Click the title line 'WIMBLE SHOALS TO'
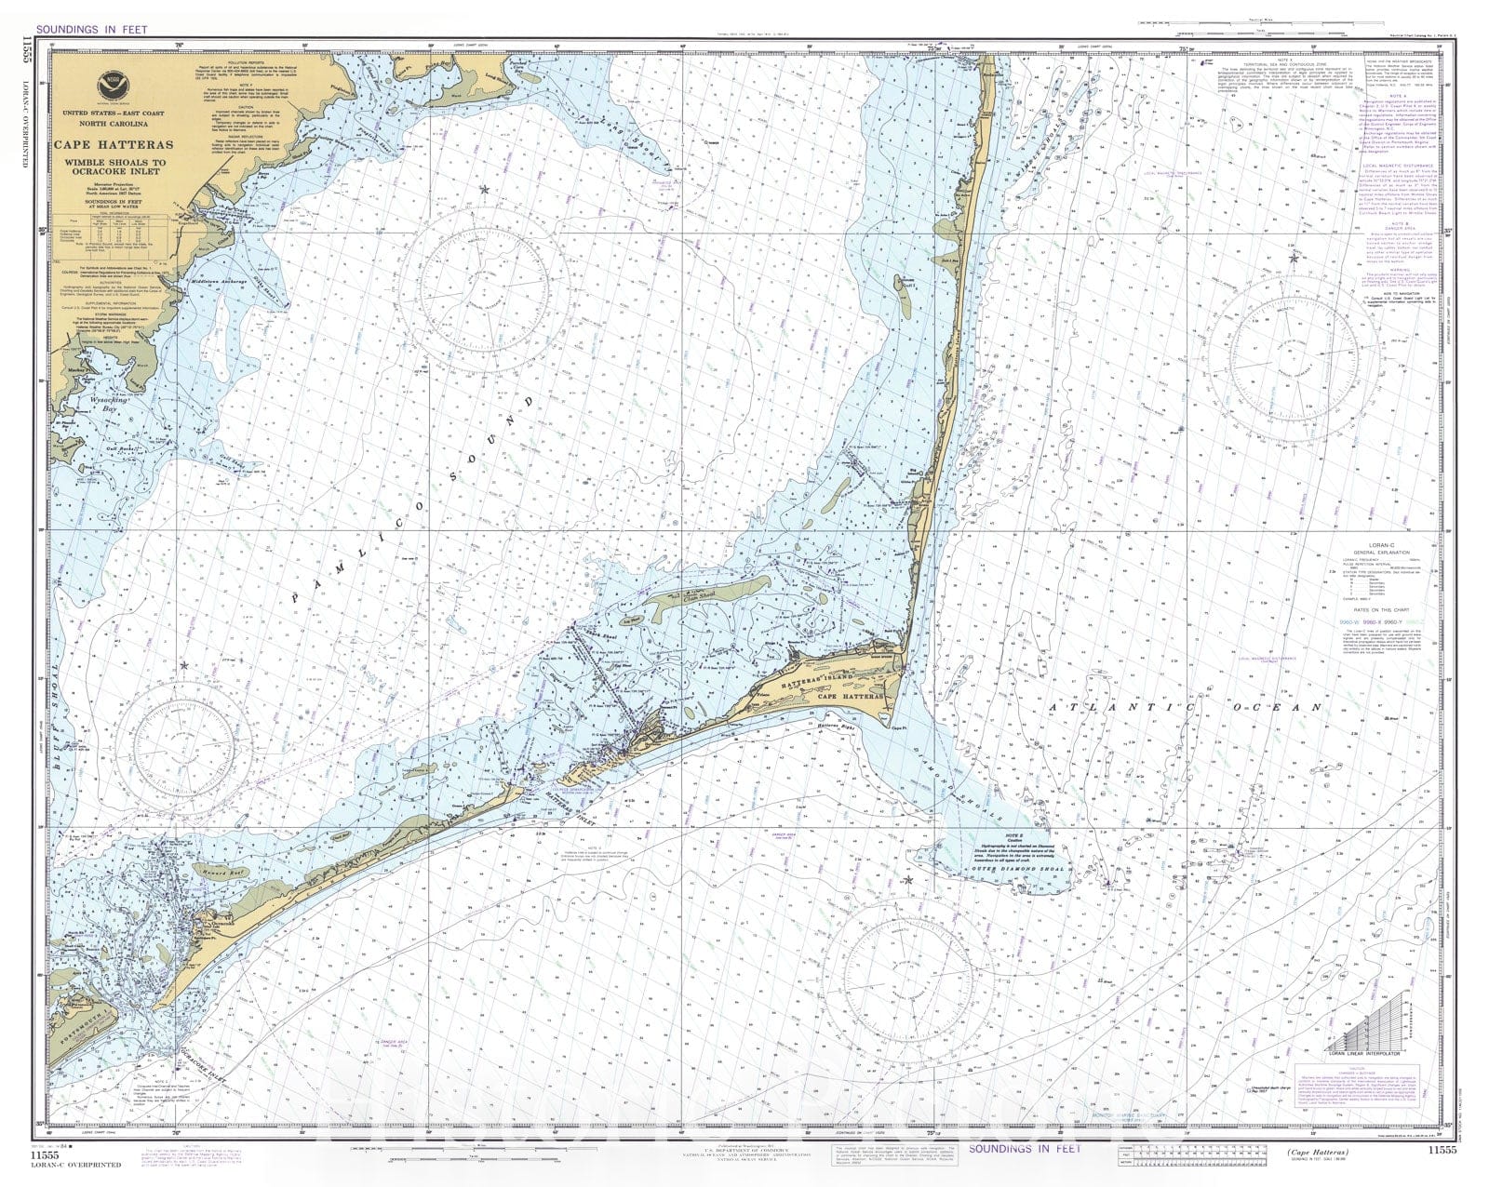click(113, 163)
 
